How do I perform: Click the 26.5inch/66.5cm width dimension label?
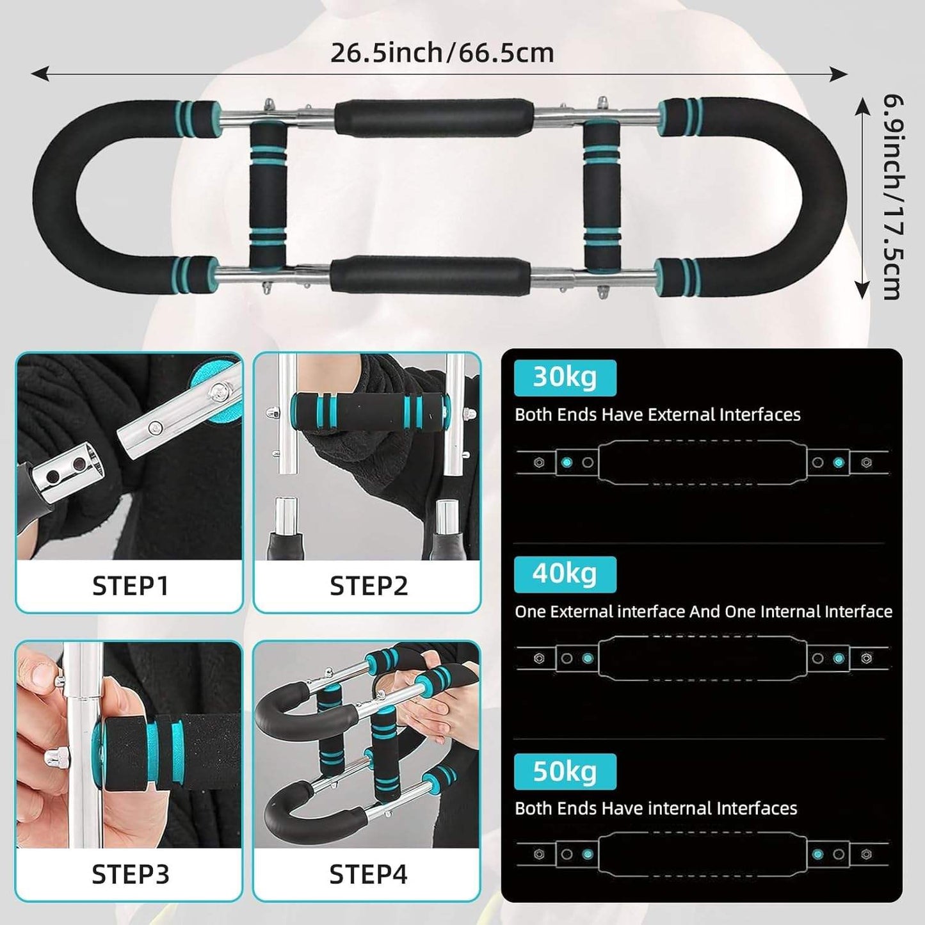pyautogui.click(x=442, y=52)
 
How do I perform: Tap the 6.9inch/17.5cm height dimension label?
pyautogui.click(x=892, y=197)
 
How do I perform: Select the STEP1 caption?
pyautogui.click(x=130, y=586)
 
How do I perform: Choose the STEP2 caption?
pyautogui.click(x=368, y=586)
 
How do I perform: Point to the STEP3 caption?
pyautogui.click(x=130, y=874)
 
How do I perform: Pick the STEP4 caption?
pyautogui.click(x=368, y=874)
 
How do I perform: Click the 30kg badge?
pyautogui.click(x=565, y=377)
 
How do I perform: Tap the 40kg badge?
pyautogui.click(x=565, y=574)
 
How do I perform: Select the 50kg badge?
pyautogui.click(x=565, y=771)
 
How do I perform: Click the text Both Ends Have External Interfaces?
pyautogui.click(x=657, y=415)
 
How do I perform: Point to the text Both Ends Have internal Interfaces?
pyautogui.click(x=656, y=808)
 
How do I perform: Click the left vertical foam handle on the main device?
pyautogui.click(x=268, y=194)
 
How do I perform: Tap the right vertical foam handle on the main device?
pyautogui.click(x=602, y=194)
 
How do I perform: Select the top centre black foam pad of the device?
pyautogui.click(x=433, y=117)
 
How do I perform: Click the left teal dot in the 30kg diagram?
pyautogui.click(x=567, y=462)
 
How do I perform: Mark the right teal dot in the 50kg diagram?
pyautogui.click(x=817, y=854)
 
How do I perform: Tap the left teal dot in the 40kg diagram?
pyautogui.click(x=588, y=658)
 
